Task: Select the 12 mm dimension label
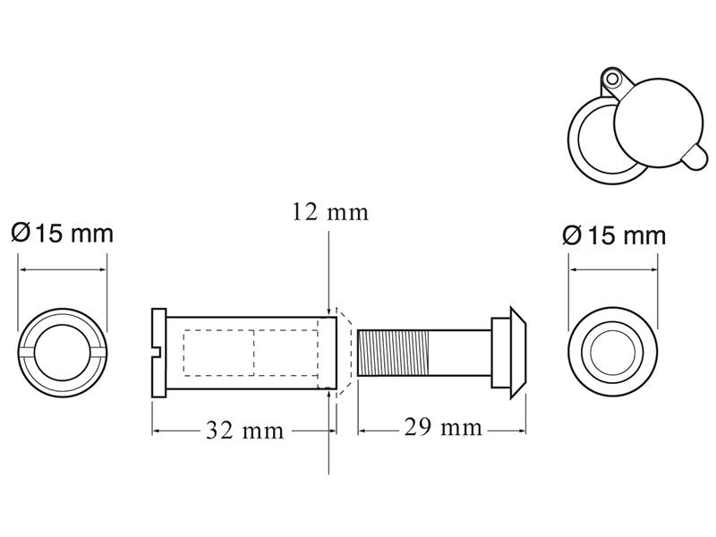coord(329,212)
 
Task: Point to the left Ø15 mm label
coord(62,234)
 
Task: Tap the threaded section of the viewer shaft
coord(394,353)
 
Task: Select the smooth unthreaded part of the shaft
coord(461,353)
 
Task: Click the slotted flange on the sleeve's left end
coord(159,354)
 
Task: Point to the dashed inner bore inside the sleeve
coord(251,352)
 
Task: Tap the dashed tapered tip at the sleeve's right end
coord(345,353)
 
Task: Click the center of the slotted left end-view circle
coord(63,353)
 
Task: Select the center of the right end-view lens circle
coord(615,353)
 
